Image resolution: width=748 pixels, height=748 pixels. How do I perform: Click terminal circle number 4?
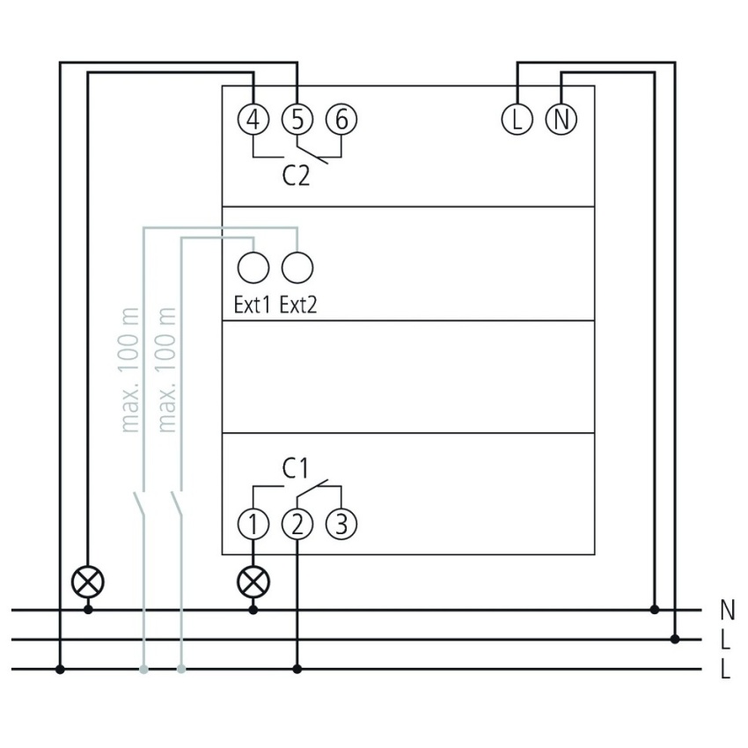tap(253, 119)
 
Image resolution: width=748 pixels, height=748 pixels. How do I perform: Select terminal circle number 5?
tap(297, 119)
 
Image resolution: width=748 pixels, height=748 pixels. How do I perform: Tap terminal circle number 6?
tap(341, 119)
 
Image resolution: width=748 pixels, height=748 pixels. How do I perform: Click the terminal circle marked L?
tap(517, 119)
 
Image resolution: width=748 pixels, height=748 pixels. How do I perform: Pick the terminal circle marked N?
tap(561, 119)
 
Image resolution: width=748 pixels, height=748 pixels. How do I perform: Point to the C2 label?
tap(297, 176)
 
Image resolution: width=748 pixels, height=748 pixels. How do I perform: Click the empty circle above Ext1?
tap(253, 266)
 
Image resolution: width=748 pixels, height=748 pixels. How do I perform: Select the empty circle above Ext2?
tap(297, 266)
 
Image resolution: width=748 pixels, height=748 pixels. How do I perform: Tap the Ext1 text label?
tap(252, 306)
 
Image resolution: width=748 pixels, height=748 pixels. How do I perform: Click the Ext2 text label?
tap(297, 306)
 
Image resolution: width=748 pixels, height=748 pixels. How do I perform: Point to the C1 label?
tap(296, 469)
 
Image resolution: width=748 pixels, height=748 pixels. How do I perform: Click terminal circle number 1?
tap(253, 524)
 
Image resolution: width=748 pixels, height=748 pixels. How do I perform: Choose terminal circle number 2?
tap(297, 524)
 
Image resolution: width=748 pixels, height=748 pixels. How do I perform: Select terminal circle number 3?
tap(341, 524)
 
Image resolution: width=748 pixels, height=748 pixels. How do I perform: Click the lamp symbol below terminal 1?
tap(253, 581)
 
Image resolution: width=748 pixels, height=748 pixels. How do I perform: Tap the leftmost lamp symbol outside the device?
tap(88, 581)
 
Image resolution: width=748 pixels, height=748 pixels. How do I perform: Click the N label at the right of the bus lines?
tap(726, 609)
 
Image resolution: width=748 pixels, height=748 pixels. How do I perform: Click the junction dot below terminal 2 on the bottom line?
tap(297, 670)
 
